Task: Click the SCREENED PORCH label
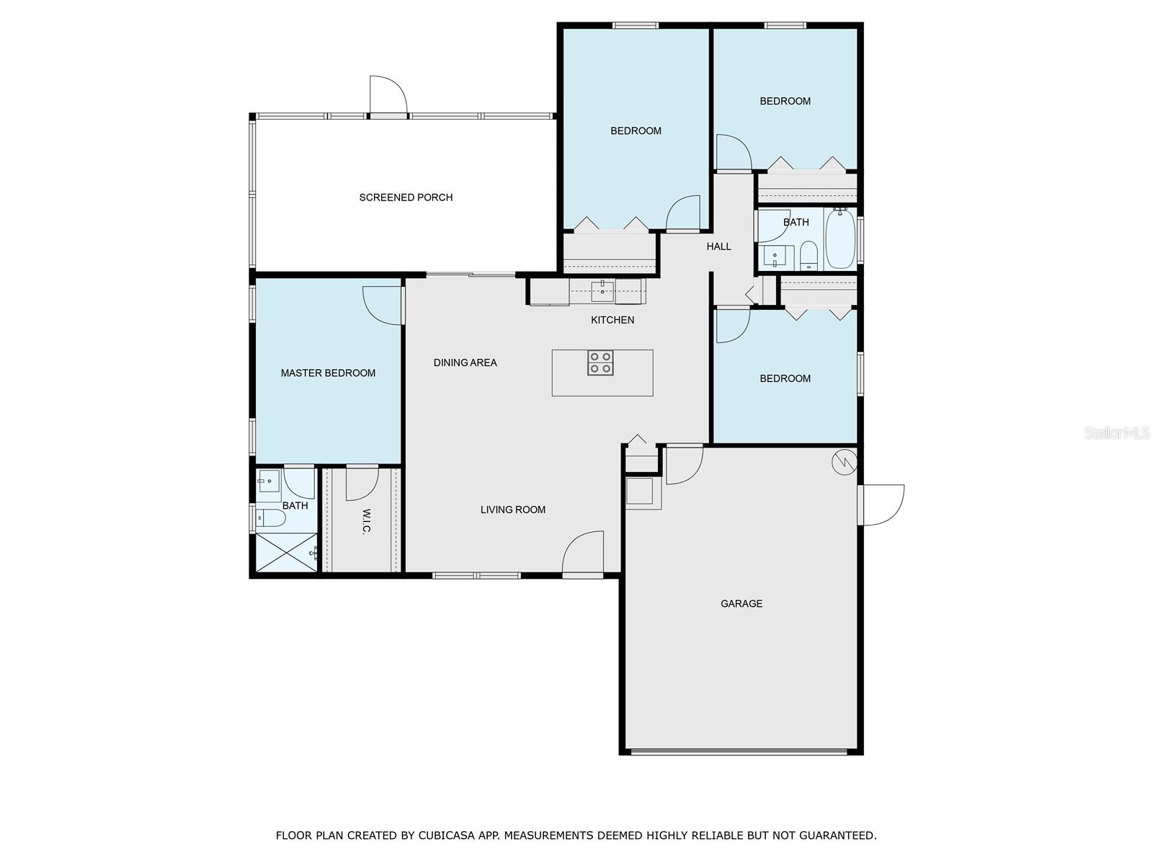pyautogui.click(x=406, y=198)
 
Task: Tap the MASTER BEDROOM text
pyautogui.click(x=328, y=373)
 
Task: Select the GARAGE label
pyautogui.click(x=742, y=603)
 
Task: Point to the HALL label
pyautogui.click(x=718, y=247)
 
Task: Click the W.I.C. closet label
pyautogui.click(x=367, y=520)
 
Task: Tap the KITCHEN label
pyautogui.click(x=613, y=320)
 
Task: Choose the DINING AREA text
pyautogui.click(x=465, y=363)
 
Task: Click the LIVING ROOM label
pyautogui.click(x=512, y=510)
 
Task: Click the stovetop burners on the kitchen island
pyautogui.click(x=600, y=363)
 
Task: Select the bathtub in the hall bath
pyautogui.click(x=840, y=239)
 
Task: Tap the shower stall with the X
pyautogui.click(x=286, y=552)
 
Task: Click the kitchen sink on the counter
pyautogui.click(x=602, y=291)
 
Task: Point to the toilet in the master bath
pyautogui.click(x=271, y=518)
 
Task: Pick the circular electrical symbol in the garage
pyautogui.click(x=844, y=462)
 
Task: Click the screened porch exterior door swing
pyautogui.click(x=388, y=95)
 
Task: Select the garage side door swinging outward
pyautogui.click(x=882, y=505)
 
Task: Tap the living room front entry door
pyautogui.click(x=583, y=551)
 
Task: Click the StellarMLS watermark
pyautogui.click(x=1117, y=433)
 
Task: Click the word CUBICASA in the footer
pyautogui.click(x=447, y=835)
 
